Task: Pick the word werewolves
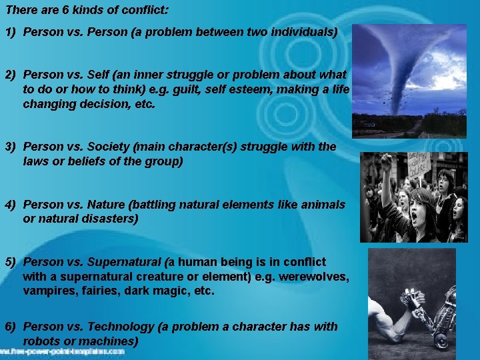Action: click(x=315, y=277)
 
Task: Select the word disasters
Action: click(x=114, y=219)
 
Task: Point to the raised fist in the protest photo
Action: click(x=385, y=161)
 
